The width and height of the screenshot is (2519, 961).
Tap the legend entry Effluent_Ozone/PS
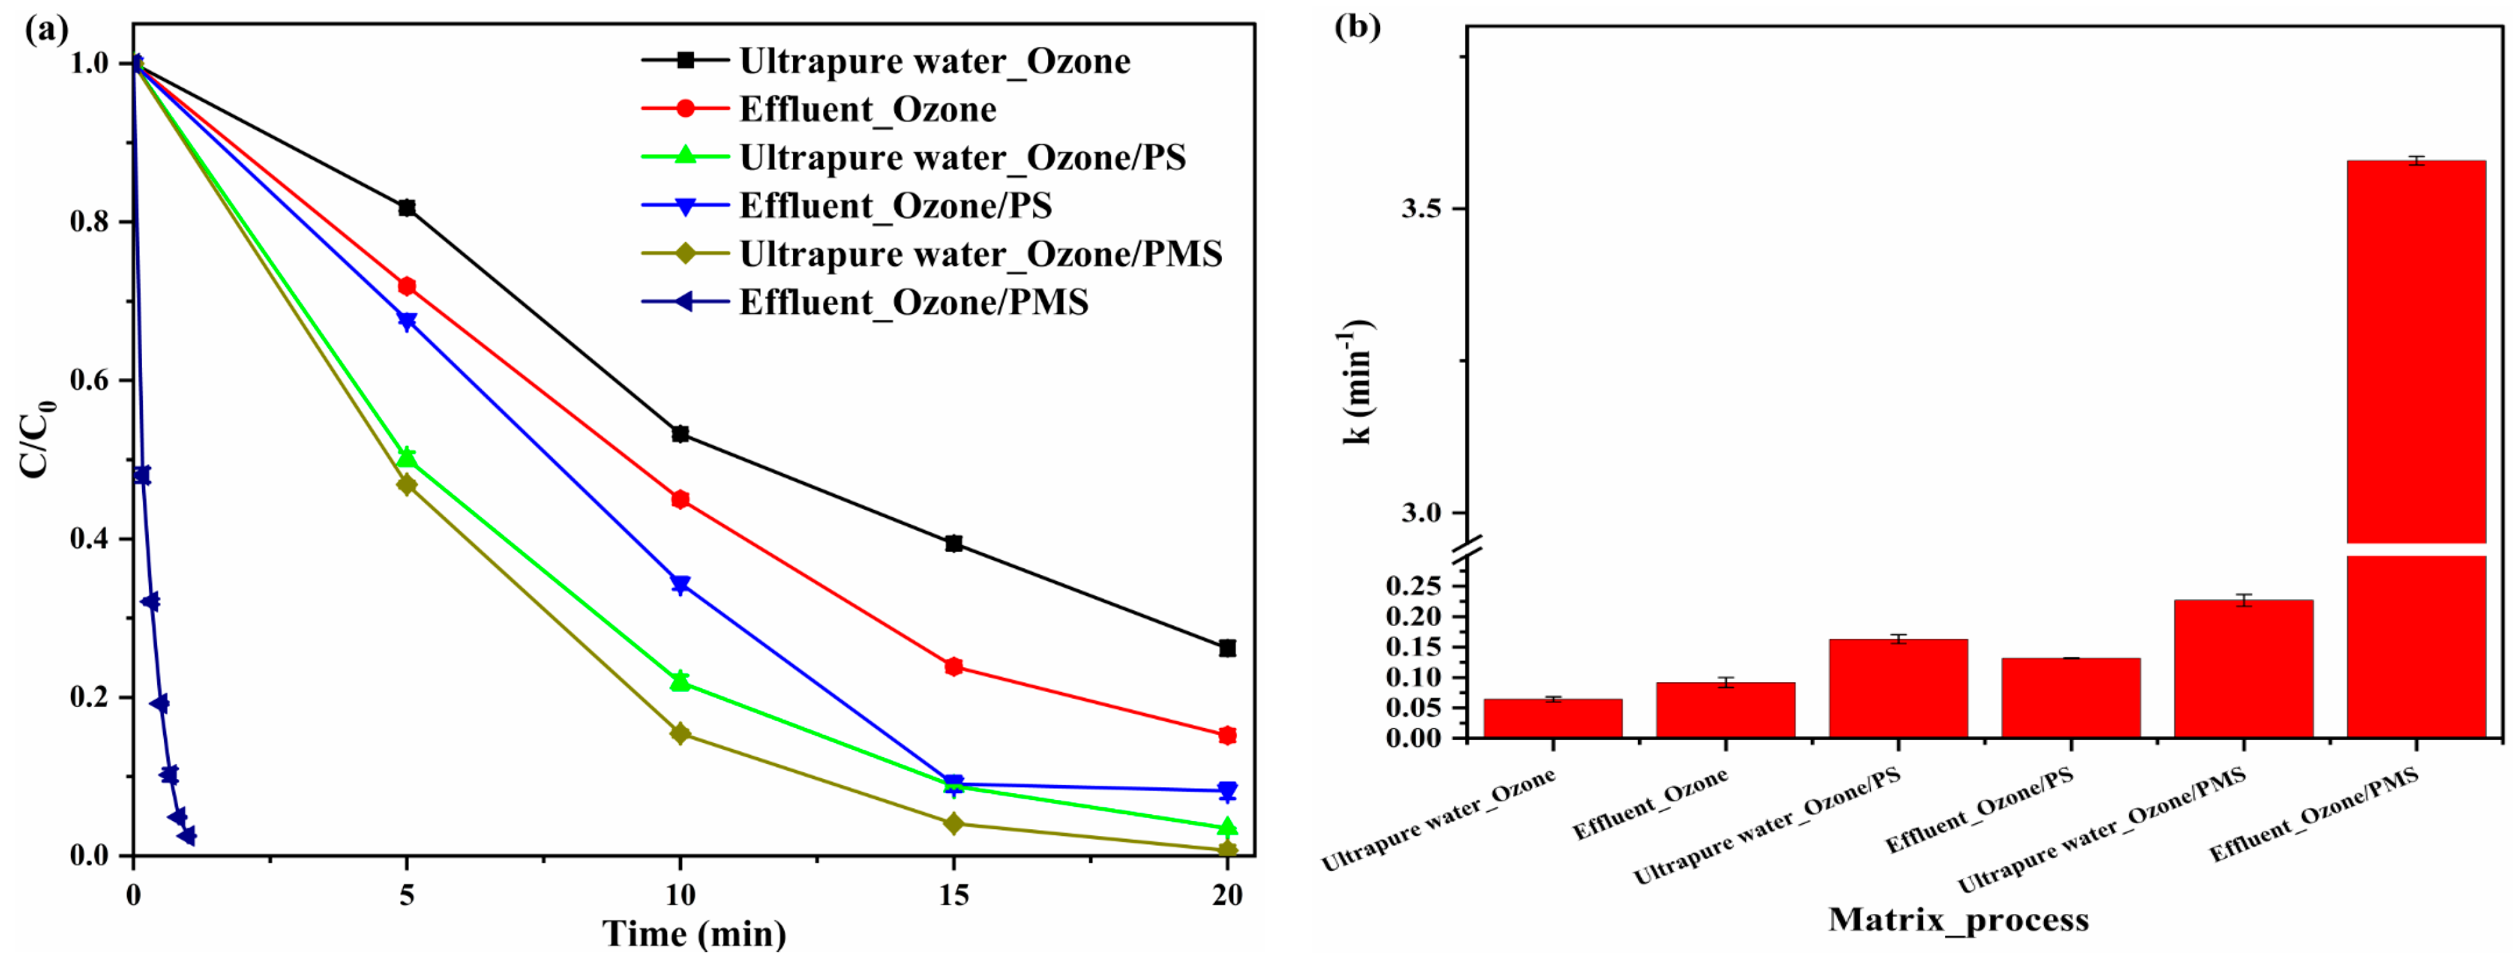pos(895,205)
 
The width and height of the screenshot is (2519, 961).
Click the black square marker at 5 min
pos(407,207)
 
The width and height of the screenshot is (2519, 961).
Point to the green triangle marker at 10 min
pos(681,680)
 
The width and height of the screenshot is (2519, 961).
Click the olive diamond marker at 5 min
pos(407,484)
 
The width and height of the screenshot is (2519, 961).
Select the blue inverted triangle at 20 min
pos(1228,791)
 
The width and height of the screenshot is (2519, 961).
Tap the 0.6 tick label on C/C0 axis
pos(88,380)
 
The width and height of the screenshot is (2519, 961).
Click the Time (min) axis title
pos(694,934)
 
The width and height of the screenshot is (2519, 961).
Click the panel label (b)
pos(1357,27)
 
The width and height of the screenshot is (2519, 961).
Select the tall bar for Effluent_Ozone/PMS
pos(2416,391)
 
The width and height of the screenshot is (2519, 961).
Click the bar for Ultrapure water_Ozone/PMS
pos(2243,669)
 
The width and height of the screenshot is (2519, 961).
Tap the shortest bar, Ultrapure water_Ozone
pos(1553,718)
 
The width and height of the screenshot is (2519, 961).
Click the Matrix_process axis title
pos(1958,919)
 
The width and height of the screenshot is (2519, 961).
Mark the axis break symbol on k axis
pos(1467,549)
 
